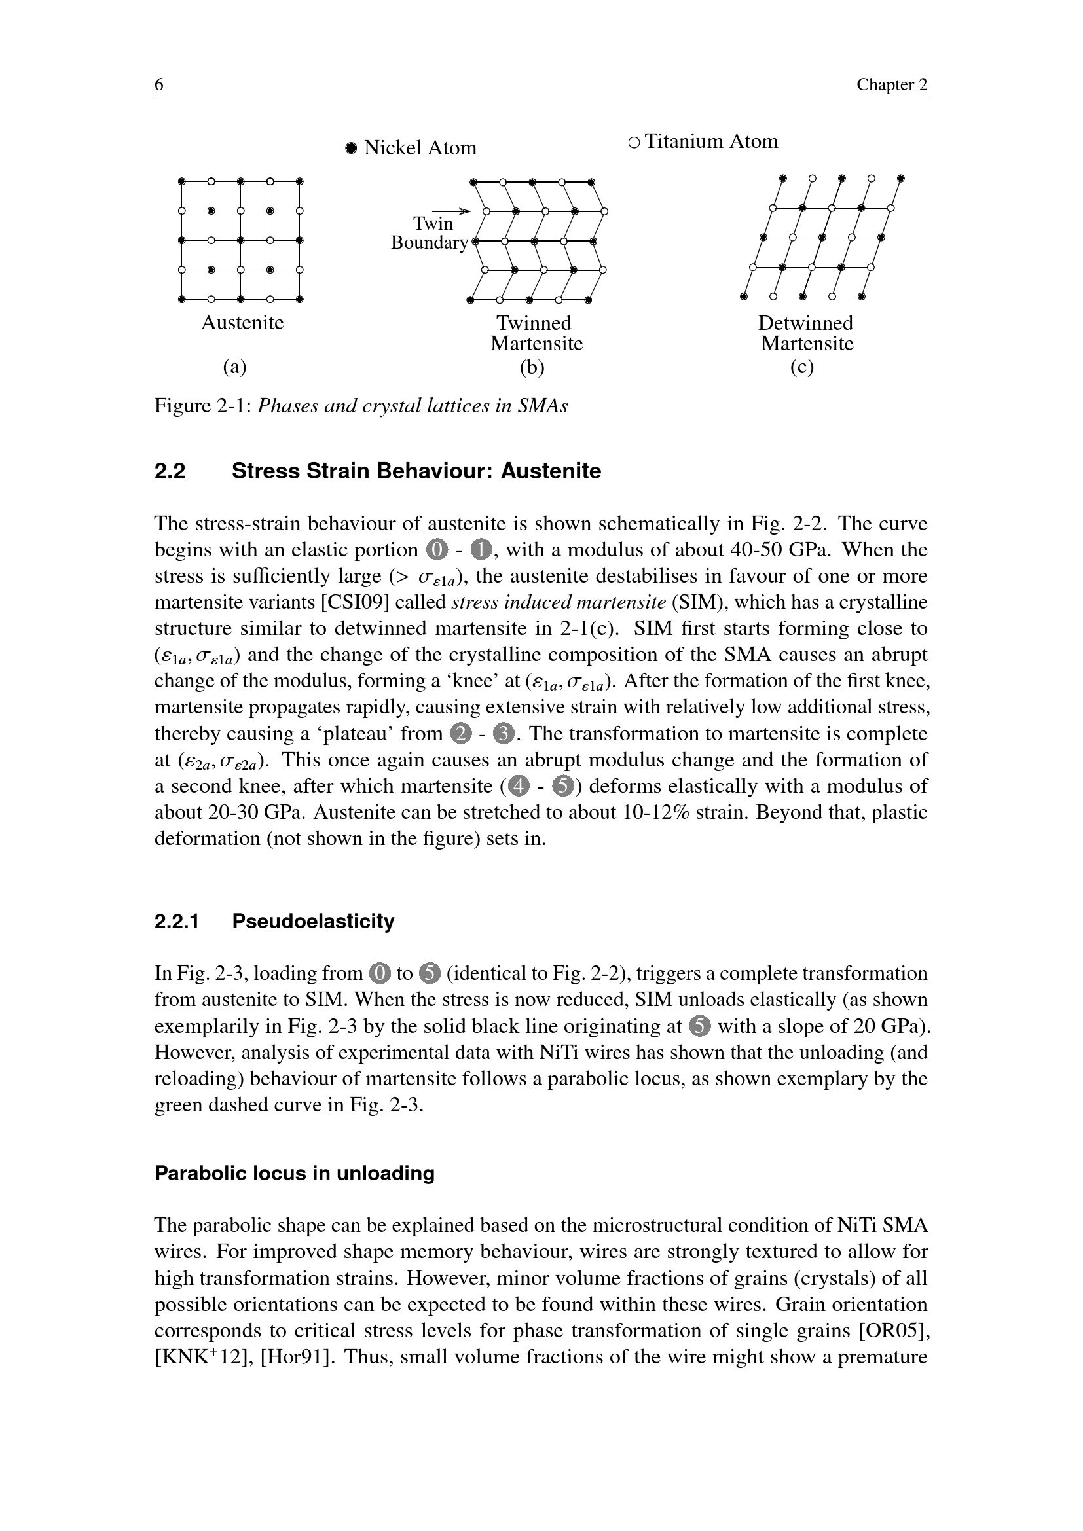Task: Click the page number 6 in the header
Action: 159,84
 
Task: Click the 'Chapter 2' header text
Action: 892,84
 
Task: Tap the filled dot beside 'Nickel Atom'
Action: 352,148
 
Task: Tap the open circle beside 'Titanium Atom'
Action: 634,142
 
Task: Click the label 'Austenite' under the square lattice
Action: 243,323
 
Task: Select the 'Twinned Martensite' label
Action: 536,333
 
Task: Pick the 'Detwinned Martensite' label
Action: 806,333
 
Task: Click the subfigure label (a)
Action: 235,367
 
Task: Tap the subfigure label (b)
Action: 532,367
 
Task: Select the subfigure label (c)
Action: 801,367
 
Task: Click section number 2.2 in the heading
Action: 170,471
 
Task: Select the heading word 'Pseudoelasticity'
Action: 313,922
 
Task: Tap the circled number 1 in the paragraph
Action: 481,550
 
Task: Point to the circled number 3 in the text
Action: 502,734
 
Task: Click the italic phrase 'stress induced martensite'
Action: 559,603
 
